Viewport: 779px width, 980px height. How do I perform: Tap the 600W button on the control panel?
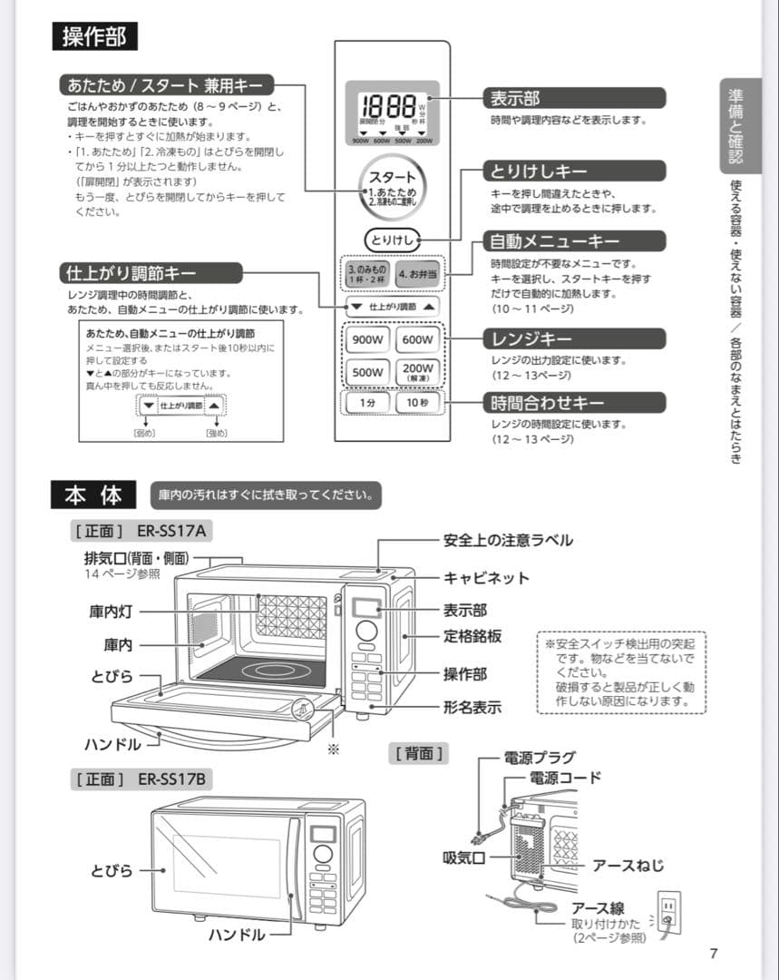(x=417, y=340)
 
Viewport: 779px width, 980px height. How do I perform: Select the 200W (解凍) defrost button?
(x=417, y=371)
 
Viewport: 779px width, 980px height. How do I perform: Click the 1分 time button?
(x=366, y=402)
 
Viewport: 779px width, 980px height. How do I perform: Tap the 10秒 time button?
(x=417, y=402)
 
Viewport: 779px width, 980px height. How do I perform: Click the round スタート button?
(x=392, y=186)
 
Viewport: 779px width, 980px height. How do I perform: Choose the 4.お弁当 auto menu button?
(x=417, y=274)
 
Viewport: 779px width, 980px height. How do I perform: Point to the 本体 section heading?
(x=93, y=495)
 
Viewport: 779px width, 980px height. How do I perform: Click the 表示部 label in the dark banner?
(x=515, y=98)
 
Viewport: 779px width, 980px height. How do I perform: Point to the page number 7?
(x=714, y=953)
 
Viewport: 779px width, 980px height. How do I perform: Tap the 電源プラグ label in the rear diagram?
(x=540, y=758)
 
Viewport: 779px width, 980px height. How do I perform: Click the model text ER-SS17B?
(x=171, y=779)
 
